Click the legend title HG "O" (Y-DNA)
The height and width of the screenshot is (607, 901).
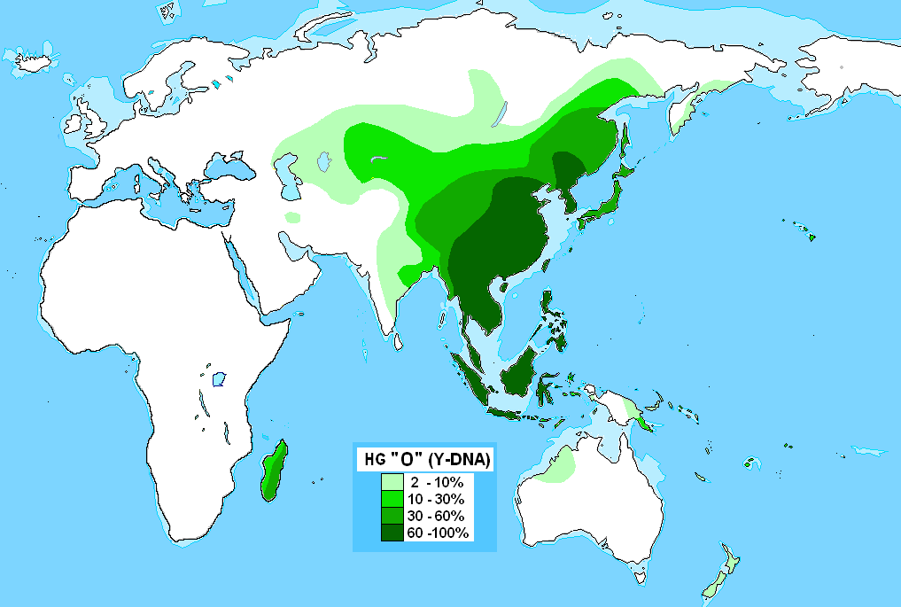(x=423, y=460)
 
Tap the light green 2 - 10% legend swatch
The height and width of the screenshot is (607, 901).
(x=392, y=481)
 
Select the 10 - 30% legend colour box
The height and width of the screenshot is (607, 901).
(x=392, y=498)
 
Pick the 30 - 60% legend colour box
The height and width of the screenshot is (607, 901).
(x=392, y=515)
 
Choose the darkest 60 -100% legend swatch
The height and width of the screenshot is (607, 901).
(x=392, y=532)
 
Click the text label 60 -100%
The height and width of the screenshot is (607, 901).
(x=439, y=532)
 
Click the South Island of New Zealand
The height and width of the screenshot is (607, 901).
(x=717, y=580)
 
